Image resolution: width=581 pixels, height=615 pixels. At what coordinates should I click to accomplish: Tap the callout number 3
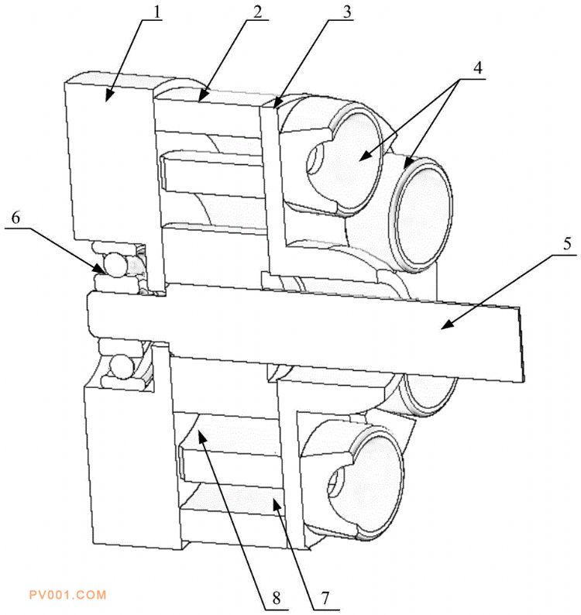coord(347,12)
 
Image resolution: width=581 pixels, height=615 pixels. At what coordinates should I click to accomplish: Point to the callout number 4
coord(477,68)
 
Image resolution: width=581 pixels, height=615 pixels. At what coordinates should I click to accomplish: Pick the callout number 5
coord(567,243)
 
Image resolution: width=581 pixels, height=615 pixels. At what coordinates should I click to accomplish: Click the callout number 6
coord(15,218)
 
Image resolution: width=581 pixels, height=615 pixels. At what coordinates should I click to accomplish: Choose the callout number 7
coord(325,598)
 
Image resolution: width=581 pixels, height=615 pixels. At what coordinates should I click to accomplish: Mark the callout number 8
coord(277,598)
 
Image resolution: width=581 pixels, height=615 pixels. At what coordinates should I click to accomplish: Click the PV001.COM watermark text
coord(68,595)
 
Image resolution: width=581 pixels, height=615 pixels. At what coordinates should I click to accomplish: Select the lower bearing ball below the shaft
coord(122,366)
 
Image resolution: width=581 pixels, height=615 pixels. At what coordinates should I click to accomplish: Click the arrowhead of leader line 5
coord(445,325)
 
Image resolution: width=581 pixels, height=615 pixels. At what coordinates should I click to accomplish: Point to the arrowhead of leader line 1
coord(108,97)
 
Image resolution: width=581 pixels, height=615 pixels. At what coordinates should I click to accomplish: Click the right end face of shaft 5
coord(521,344)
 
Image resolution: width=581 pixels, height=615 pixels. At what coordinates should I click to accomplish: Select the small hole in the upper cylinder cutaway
coord(315,159)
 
